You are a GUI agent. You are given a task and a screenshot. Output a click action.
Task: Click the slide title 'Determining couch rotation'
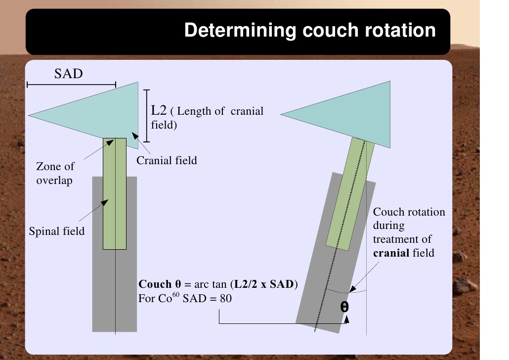(x=310, y=31)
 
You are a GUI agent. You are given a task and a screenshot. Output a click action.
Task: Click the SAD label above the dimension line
(x=68, y=74)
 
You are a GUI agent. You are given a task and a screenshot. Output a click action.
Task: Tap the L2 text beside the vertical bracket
(x=160, y=110)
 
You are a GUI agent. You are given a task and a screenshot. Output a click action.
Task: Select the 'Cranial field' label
(x=167, y=160)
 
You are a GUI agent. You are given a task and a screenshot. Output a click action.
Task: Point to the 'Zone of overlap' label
(x=55, y=174)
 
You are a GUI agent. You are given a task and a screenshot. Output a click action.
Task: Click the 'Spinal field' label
(x=57, y=231)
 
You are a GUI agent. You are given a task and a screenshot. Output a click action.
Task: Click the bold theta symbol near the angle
(x=345, y=307)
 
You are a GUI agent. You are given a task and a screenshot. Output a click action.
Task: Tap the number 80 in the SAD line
(x=226, y=299)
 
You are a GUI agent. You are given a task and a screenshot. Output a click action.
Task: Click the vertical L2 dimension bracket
(x=146, y=116)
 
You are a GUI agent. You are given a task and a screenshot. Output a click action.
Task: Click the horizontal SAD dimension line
(x=71, y=85)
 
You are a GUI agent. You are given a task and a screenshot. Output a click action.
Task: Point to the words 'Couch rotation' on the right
(x=409, y=212)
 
